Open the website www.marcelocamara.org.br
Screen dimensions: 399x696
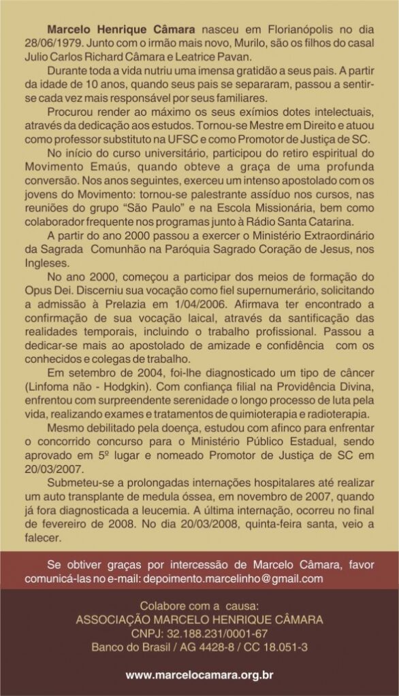[x=199, y=675]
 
